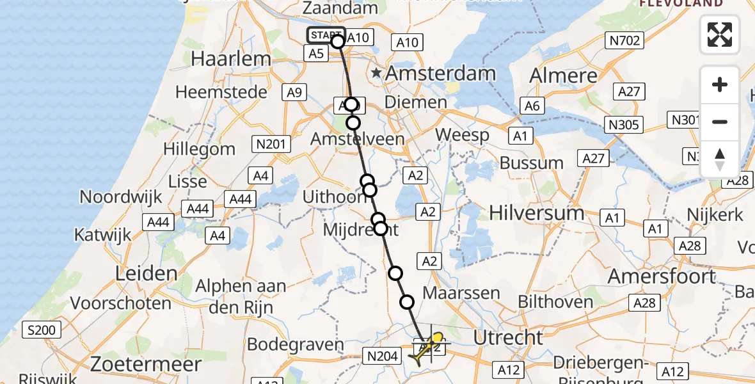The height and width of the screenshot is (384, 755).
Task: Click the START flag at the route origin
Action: coord(326,35)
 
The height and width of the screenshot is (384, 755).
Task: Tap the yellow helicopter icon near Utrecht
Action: coord(427,346)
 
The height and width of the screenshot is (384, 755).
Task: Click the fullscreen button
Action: coord(720,35)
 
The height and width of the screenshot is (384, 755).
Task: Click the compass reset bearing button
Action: coord(720,159)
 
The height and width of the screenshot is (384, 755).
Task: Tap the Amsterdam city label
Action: coord(440,74)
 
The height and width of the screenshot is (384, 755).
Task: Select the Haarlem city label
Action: coord(231,59)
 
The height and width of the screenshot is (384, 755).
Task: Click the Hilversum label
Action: coord(537,212)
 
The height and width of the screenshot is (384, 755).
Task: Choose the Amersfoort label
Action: coord(661,276)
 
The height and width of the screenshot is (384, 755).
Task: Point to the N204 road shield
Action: coord(382,356)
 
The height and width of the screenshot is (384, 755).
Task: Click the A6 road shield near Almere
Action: coord(532,106)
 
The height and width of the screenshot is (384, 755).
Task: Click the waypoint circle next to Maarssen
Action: coord(407,301)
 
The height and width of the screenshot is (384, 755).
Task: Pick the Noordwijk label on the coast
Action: coord(122,197)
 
